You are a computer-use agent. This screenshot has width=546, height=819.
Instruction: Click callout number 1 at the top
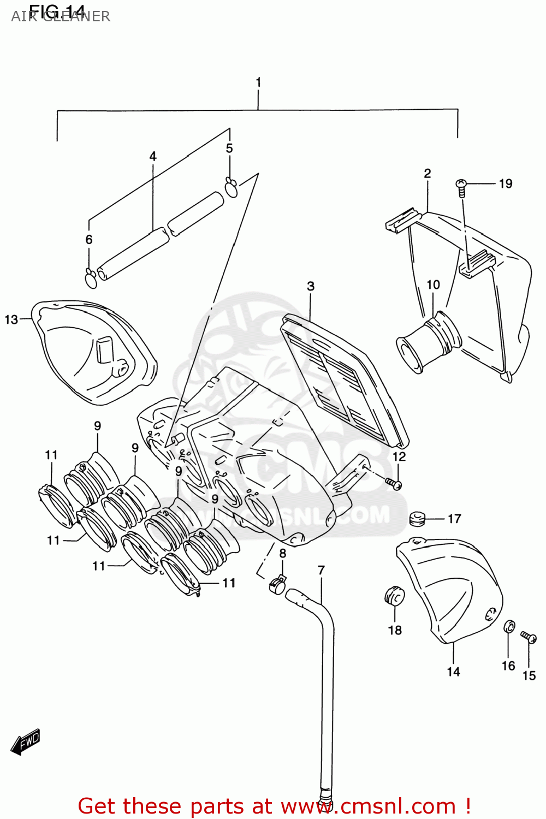click(258, 82)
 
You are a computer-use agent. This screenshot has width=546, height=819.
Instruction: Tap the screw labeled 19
click(461, 186)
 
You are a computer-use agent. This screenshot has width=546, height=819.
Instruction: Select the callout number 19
click(506, 184)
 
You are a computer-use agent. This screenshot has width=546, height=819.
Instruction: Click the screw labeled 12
click(394, 483)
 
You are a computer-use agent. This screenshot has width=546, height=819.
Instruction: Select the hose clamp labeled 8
click(277, 585)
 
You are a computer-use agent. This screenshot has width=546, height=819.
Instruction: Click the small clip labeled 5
click(231, 186)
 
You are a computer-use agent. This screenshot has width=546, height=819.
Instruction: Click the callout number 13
click(11, 319)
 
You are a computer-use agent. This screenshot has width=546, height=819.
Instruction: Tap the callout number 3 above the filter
click(311, 286)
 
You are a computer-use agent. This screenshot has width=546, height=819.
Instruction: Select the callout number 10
click(433, 285)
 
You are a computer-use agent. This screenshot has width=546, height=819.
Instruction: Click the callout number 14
click(453, 672)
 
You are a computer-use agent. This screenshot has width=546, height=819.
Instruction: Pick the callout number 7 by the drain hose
click(321, 571)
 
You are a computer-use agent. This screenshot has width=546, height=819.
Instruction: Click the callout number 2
click(428, 174)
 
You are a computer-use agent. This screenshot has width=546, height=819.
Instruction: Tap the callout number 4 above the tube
click(153, 157)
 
